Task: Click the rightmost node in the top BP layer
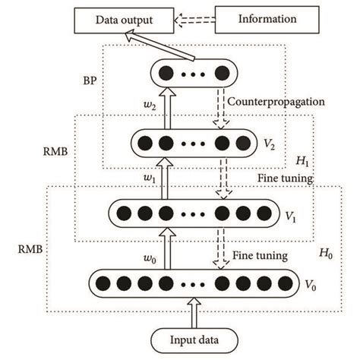tap(221, 74)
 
